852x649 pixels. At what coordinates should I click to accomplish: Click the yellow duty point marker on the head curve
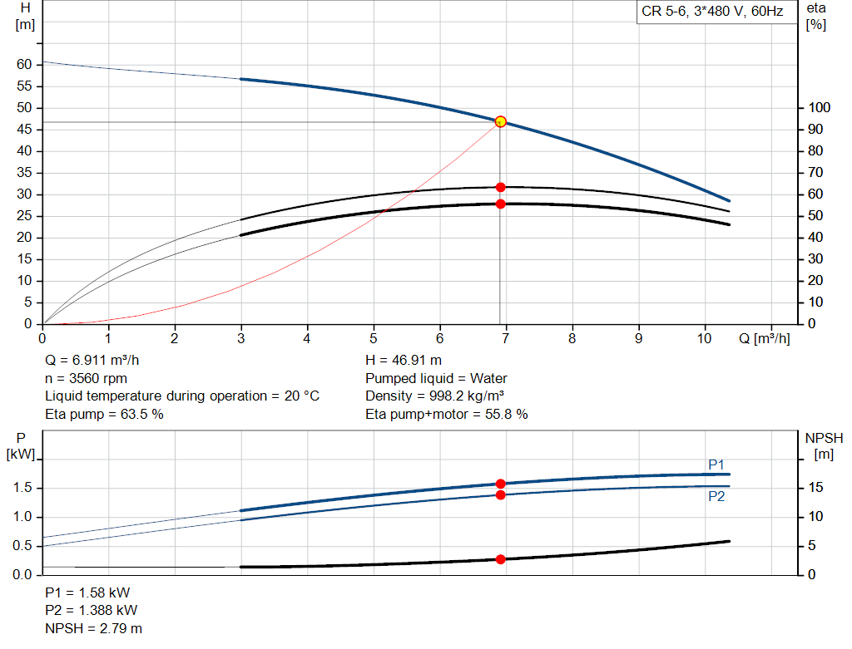(x=500, y=122)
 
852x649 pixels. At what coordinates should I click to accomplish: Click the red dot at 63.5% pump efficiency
(x=500, y=188)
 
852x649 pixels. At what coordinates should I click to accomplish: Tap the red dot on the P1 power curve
(x=500, y=484)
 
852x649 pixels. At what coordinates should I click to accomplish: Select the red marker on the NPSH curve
(x=500, y=559)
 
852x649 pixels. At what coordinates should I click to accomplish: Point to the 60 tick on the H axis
(x=24, y=65)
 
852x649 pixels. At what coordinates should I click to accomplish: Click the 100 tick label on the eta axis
(x=820, y=108)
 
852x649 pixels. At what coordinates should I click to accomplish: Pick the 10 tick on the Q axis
(x=705, y=338)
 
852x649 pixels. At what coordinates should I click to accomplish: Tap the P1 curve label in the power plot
(x=716, y=465)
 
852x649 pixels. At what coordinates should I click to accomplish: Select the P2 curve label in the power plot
(x=716, y=496)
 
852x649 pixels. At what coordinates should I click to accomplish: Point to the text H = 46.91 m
(x=404, y=361)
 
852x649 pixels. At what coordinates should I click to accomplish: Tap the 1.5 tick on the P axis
(x=22, y=488)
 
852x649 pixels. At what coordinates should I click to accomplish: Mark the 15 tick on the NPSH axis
(x=817, y=488)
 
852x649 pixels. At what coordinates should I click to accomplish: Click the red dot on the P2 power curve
(x=500, y=495)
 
